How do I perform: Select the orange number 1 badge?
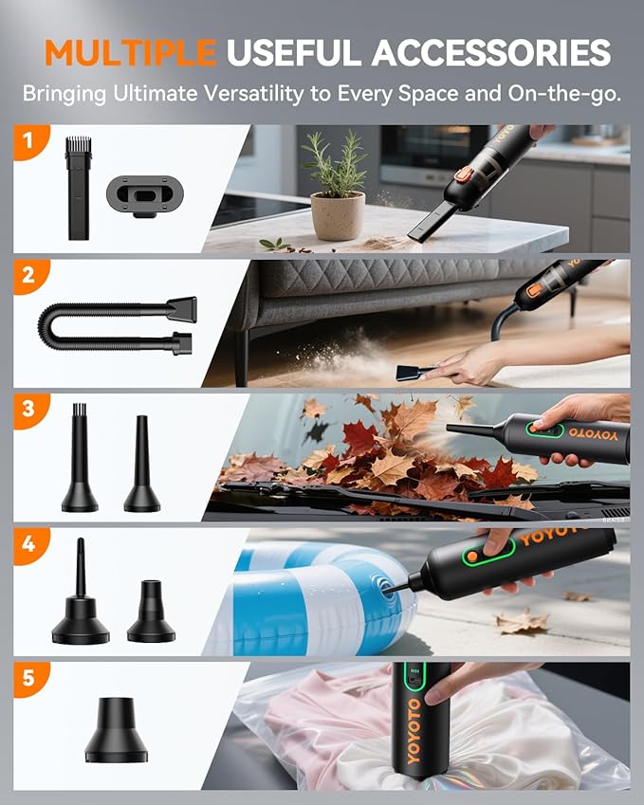(28, 142)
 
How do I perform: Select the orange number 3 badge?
(28, 411)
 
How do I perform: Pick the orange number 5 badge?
(28, 679)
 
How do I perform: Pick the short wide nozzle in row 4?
(150, 613)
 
